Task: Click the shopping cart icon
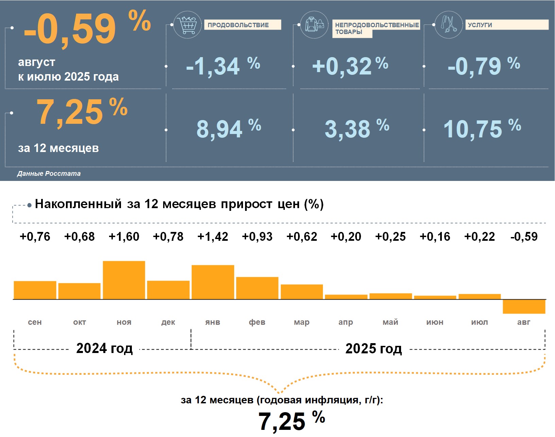coord(187,25)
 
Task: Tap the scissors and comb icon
coord(449,24)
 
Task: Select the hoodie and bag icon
coord(314,24)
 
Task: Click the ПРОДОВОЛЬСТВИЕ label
coord(238,25)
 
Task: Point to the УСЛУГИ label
coord(480,25)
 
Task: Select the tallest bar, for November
coord(124,280)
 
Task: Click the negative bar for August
coord(524,306)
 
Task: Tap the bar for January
coord(213,282)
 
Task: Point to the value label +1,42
coord(213,236)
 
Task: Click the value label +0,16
coord(435,236)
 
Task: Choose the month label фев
coord(257,322)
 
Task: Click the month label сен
coord(35,322)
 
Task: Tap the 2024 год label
coord(104,348)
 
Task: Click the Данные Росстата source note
coord(49,173)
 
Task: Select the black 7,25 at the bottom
coord(282,421)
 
